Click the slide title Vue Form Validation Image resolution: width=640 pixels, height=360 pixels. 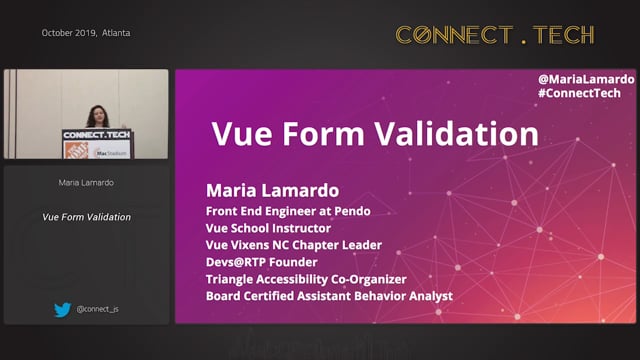375,133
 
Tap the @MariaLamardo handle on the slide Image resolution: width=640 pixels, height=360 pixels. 586,79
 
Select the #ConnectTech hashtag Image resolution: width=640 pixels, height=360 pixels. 579,93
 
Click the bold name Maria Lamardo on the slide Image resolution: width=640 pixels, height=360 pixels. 272,190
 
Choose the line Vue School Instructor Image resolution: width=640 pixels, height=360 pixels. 268,228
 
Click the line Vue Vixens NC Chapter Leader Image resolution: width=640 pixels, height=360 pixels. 294,245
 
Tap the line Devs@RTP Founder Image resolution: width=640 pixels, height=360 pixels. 262,262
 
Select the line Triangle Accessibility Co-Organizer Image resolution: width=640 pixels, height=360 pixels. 306,279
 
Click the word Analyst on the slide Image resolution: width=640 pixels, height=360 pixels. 431,296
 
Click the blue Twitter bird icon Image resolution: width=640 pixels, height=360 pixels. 62,310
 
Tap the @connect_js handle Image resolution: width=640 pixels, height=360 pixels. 98,309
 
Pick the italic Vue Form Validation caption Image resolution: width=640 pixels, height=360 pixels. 87,217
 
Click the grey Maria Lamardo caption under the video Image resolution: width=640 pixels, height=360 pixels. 86,182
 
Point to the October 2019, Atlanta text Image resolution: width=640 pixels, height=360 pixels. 86,33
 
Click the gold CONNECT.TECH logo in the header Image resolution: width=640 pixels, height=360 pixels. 495,34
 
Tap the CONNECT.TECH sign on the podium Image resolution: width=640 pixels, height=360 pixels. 97,135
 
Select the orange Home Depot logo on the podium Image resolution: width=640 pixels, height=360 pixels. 76,150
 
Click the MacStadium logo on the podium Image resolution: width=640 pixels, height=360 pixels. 110,153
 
